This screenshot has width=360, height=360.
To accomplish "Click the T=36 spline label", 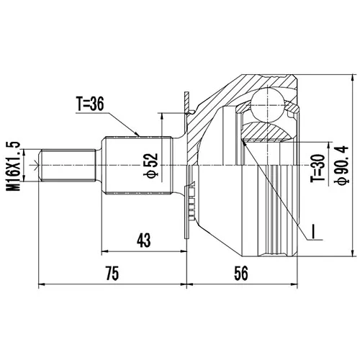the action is (x=90, y=104).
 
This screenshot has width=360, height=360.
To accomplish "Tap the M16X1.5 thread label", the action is (x=13, y=166).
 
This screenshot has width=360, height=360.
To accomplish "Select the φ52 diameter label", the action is (x=151, y=166).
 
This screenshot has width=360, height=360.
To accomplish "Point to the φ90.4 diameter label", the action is (x=343, y=165).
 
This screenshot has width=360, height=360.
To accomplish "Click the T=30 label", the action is (x=318, y=168).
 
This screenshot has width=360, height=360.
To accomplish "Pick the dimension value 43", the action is (x=144, y=240).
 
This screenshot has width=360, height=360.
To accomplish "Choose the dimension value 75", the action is (x=112, y=274).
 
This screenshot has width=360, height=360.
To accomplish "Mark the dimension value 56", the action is (x=241, y=274).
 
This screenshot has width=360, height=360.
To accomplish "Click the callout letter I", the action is (x=313, y=232).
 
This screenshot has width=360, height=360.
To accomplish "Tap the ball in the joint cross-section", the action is (x=267, y=104).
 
